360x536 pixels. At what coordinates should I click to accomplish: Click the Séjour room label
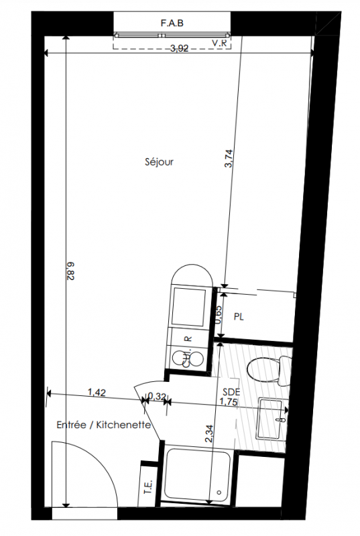159,161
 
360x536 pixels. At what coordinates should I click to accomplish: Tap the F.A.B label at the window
172,23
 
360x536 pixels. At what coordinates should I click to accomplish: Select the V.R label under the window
219,44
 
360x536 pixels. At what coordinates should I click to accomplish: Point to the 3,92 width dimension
180,48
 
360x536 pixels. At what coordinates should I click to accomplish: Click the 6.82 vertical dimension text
71,271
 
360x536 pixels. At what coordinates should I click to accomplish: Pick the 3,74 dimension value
229,159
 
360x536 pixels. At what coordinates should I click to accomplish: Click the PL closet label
239,317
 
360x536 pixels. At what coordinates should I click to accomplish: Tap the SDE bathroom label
231,392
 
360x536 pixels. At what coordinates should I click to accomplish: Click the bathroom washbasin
272,418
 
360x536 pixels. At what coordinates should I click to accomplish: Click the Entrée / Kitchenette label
104,425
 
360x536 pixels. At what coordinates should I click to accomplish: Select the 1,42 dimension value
97,392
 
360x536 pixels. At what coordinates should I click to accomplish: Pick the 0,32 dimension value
156,397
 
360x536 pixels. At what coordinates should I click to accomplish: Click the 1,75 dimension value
229,402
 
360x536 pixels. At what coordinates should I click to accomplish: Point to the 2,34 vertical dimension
209,433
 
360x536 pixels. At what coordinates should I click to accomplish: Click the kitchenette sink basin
189,307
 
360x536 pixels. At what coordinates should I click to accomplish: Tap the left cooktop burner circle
179,358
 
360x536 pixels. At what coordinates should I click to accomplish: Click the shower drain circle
219,492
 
